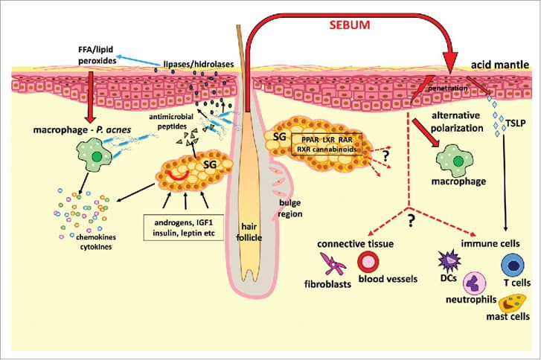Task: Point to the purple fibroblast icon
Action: click(331, 263)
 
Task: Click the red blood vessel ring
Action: click(370, 263)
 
